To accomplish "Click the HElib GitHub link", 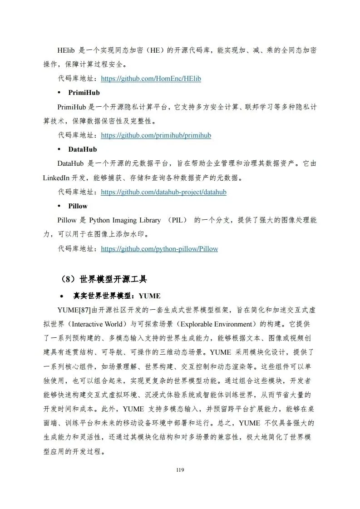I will tap(151, 79).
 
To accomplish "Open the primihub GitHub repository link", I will tap(156, 135).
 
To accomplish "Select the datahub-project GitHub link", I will tap(163, 192).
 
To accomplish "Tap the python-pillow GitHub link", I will tap(159, 249).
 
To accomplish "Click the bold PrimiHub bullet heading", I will tap(84, 93).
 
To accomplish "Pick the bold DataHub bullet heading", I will tap(83, 149).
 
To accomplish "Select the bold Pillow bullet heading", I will tap(78, 206).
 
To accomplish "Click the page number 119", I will tap(180, 469).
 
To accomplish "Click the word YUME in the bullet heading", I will tap(149, 296).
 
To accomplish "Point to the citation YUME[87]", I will tap(74, 310).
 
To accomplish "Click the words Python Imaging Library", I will tap(124, 220).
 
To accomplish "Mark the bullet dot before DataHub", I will tap(59, 149).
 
